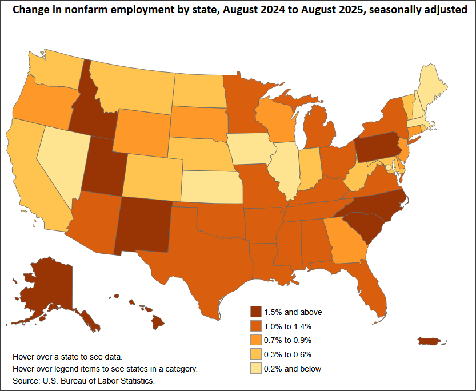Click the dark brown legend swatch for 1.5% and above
[256, 312]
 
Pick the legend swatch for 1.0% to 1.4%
[256, 326]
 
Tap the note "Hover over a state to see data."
[67, 356]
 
